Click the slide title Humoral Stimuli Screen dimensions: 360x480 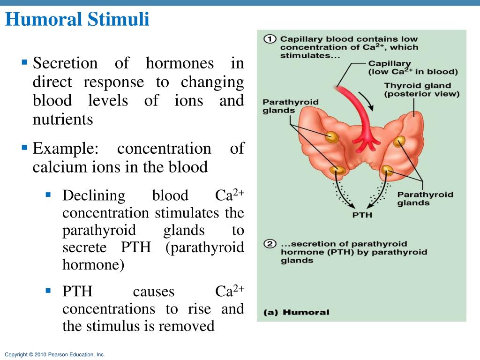click(x=77, y=20)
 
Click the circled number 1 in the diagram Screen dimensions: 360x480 click(x=270, y=39)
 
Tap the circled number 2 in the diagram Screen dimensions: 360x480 click(x=270, y=245)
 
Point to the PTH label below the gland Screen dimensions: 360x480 click(x=362, y=216)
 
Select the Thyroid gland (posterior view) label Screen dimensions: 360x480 click(x=421, y=90)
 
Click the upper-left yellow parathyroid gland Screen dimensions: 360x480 click(x=332, y=136)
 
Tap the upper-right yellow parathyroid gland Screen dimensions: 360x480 click(x=399, y=141)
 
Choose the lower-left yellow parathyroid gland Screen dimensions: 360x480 click(x=337, y=171)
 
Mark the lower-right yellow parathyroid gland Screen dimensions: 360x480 click(x=387, y=171)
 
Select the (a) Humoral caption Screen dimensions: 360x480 click(x=296, y=312)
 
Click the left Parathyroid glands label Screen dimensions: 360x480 click(x=290, y=106)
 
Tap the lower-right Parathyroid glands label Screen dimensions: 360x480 click(x=425, y=199)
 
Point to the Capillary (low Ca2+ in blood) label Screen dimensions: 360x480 click(x=412, y=67)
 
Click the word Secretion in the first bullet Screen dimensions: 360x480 click(x=65, y=63)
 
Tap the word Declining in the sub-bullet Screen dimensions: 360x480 click(x=94, y=195)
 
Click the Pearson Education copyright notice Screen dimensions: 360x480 click(x=55, y=355)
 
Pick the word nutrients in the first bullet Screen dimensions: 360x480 click(x=63, y=120)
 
